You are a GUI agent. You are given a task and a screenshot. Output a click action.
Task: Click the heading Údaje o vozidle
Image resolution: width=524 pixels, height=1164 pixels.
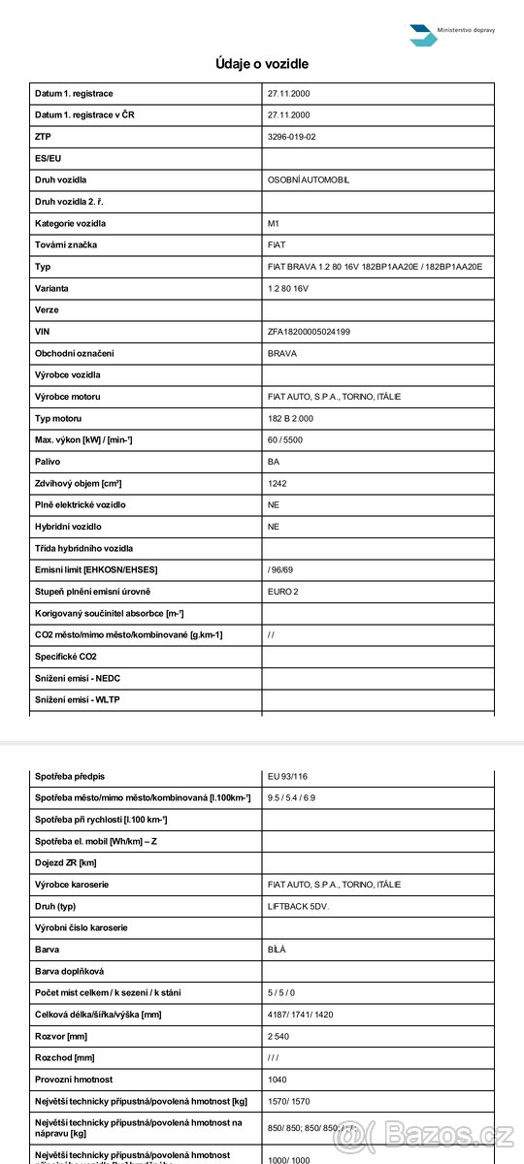[x=262, y=64]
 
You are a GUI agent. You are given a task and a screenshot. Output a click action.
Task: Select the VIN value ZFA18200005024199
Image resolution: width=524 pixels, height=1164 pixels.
[x=309, y=332]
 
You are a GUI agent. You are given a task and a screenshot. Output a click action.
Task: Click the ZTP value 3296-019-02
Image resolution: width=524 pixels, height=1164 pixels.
[x=291, y=137]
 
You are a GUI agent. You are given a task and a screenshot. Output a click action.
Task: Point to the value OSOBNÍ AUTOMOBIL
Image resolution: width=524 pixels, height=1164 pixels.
[x=308, y=180]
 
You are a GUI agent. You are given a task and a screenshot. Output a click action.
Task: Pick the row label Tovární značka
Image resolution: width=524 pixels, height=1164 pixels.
[x=66, y=245]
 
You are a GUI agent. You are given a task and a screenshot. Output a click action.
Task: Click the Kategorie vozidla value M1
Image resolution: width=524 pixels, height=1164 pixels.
[x=273, y=224]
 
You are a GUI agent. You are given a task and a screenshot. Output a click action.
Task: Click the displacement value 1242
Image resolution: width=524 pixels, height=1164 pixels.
[x=278, y=483]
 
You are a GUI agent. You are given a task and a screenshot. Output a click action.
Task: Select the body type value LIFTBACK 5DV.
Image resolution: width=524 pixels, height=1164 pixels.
[x=298, y=906]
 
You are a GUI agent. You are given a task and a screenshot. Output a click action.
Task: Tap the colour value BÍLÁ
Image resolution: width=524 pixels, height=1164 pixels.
[x=278, y=950]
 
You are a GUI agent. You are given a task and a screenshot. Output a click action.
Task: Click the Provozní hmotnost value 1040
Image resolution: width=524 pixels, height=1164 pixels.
[x=278, y=1080]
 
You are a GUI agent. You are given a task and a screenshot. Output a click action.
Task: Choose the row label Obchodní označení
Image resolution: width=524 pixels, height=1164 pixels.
[x=75, y=353]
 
